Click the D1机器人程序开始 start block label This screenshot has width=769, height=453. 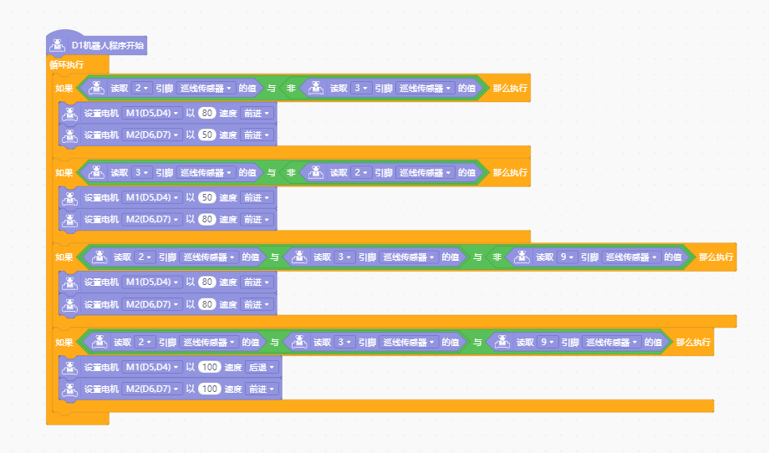pos(107,46)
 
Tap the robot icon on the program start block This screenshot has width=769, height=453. pos(57,45)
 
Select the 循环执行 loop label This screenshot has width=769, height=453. pos(67,64)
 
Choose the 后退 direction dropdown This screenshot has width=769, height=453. pos(262,367)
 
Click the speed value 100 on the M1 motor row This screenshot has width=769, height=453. pos(210,367)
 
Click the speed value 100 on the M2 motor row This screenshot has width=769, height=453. pos(210,389)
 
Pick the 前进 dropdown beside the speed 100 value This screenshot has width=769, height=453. pos(262,389)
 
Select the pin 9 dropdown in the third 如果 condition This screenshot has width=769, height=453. pos(567,257)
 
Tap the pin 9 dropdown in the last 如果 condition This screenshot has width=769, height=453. pos(547,342)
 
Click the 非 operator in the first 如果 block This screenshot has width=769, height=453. pos(291,89)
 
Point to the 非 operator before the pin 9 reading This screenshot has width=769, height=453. pos(497,257)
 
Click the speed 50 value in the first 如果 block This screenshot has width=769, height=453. pos(207,135)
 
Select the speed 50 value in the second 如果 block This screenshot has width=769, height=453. pos(207,197)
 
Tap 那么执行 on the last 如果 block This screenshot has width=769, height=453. pos(693,342)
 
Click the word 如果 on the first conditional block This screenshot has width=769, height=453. pos(64,89)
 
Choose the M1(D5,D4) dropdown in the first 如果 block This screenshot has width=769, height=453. pos(152,114)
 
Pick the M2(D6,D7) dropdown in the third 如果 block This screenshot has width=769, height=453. pos(152,304)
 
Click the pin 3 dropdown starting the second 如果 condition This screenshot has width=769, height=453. pos(141,172)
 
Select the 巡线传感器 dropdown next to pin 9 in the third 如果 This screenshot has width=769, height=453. pos(631,257)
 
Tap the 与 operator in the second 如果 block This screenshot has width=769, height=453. pos(271,172)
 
